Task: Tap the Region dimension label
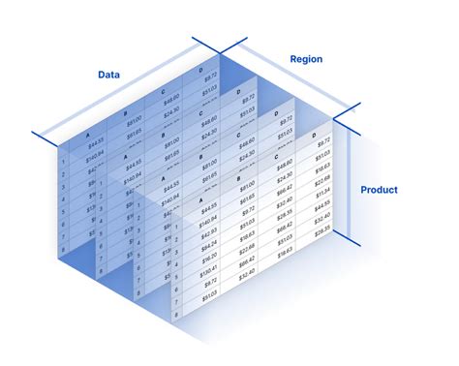[x=306, y=59]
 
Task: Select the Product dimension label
[x=379, y=190]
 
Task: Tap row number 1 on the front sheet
[x=177, y=223]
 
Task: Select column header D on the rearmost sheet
[x=200, y=71]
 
